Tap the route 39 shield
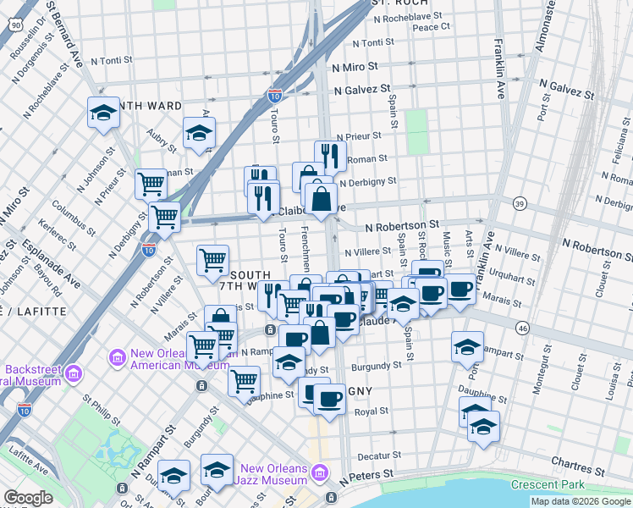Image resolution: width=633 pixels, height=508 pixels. coord(520,203)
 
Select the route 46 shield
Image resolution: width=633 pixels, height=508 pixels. coord(523,326)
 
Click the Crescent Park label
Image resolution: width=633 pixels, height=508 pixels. coord(548,485)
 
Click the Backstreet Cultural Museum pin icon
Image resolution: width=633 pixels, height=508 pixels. coord(73,373)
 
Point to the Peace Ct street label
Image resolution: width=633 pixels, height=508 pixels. coord(431,27)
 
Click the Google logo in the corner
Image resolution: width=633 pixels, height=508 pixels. coord(28,498)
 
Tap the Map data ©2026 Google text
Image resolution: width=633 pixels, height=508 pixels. coord(581,501)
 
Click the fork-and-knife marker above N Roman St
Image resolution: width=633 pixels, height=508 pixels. coord(329,156)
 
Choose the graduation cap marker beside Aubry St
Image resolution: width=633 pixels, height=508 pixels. coord(200,133)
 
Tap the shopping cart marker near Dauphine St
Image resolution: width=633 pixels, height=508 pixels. coord(244,381)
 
